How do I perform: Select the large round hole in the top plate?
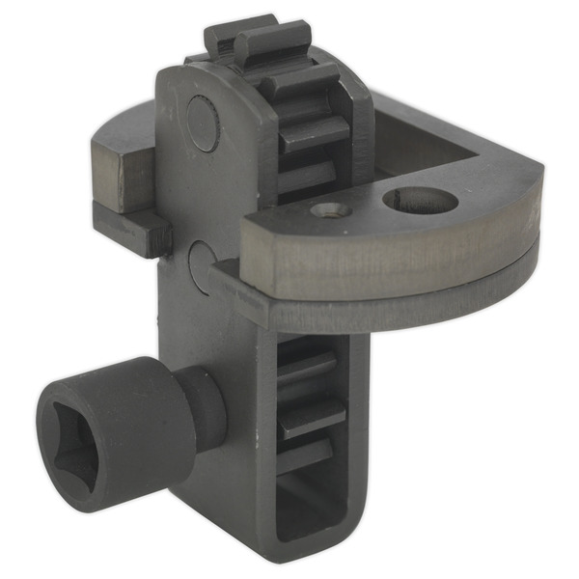(420, 201)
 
